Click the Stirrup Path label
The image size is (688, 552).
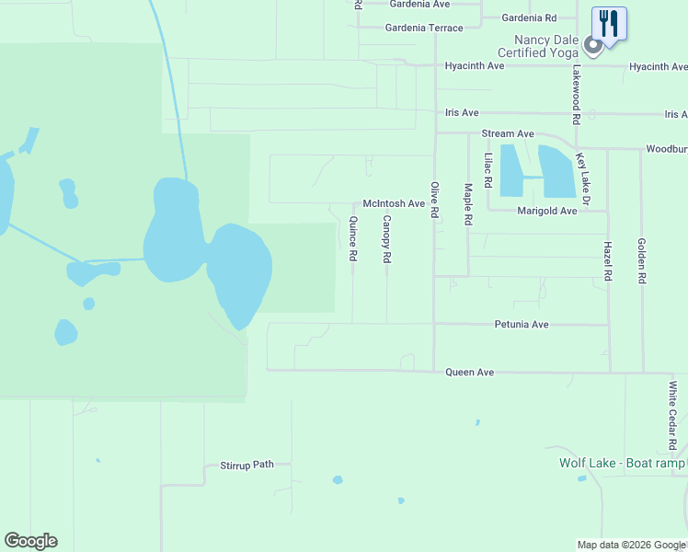247,465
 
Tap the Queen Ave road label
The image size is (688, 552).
470,373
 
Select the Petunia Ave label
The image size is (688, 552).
521,325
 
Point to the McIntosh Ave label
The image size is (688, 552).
394,203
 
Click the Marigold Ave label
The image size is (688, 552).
547,211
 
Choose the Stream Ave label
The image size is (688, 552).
509,133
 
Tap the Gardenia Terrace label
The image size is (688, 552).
424,28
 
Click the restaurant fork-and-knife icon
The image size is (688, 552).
609,22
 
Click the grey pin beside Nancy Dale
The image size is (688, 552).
593,45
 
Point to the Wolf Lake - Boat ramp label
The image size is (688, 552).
622,463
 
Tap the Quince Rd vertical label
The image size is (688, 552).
352,239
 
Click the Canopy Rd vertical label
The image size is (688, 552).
386,239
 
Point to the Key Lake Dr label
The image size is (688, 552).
582,178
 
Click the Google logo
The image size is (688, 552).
31,541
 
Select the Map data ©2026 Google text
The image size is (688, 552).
631,545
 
